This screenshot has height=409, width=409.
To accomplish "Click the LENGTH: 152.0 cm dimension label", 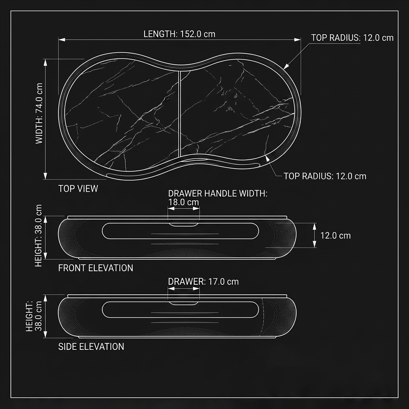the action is (179, 34).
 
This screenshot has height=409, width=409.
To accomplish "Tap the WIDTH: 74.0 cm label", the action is (39, 113).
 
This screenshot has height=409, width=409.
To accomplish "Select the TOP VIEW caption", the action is (78, 189).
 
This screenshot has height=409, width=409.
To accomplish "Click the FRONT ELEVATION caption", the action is (95, 268).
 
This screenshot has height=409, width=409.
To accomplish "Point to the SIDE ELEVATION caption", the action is (91, 346).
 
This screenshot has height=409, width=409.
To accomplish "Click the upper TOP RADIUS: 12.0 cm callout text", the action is (352, 38).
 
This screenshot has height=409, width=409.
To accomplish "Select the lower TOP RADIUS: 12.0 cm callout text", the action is (325, 176).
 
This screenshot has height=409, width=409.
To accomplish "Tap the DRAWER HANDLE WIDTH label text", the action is (218, 194).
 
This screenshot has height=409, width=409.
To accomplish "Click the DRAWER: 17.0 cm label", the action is (203, 282).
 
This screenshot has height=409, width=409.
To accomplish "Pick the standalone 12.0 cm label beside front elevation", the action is (336, 236).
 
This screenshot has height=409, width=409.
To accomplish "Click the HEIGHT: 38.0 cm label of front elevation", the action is (38, 236).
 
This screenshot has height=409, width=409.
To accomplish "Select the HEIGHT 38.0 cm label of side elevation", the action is (34, 316).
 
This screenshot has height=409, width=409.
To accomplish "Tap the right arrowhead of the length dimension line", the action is (298, 40).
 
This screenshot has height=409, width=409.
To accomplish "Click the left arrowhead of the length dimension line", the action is (62, 40).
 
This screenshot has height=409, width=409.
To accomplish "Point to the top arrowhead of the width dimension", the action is (45, 62).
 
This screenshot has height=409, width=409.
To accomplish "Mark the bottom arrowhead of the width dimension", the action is (45, 176).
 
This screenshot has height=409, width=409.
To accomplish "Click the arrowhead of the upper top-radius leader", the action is (286, 67).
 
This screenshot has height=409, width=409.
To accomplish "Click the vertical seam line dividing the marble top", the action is (180, 114).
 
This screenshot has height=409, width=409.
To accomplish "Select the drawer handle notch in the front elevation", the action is (184, 224).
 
